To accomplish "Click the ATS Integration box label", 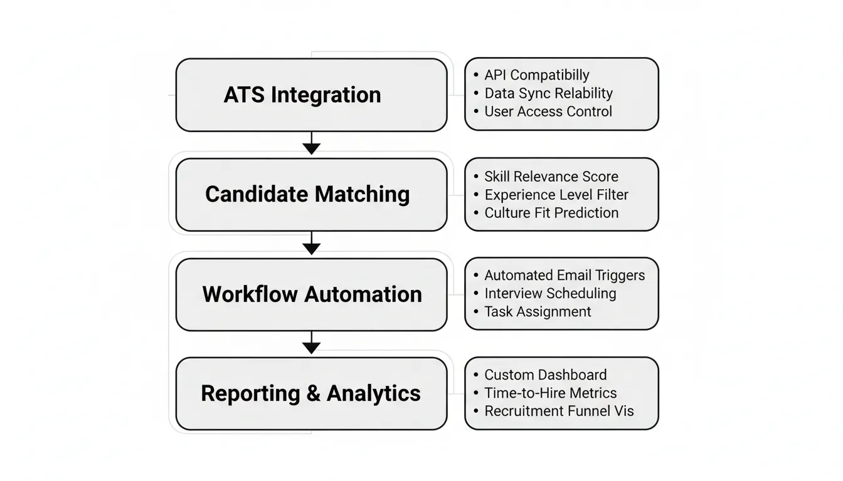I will pyautogui.click(x=302, y=95).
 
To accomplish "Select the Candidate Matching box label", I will pyautogui.click(x=307, y=194).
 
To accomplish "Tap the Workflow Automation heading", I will pyautogui.click(x=312, y=294).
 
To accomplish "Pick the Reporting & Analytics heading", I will pyautogui.click(x=310, y=393).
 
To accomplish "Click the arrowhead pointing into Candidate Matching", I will pyautogui.click(x=311, y=148).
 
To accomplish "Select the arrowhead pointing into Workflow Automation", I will pyautogui.click(x=311, y=248).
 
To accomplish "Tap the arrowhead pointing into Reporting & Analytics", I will pyautogui.click(x=311, y=348).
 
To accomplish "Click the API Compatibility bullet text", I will pyautogui.click(x=536, y=75).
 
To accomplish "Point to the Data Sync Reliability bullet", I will pyautogui.click(x=548, y=93).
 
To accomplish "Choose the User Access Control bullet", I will pyautogui.click(x=548, y=111).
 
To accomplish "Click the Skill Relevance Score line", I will pyautogui.click(x=551, y=177).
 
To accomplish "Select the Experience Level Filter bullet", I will pyautogui.click(x=556, y=195).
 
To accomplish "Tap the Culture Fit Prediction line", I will pyautogui.click(x=551, y=213).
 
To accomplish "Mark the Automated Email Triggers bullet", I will pyautogui.click(x=564, y=276).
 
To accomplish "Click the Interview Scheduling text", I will pyautogui.click(x=550, y=294).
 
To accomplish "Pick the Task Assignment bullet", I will pyautogui.click(x=538, y=312).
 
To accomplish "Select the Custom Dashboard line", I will pyautogui.click(x=545, y=375).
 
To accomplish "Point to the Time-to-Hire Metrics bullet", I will pyautogui.click(x=550, y=393).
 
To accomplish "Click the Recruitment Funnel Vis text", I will pyautogui.click(x=558, y=411).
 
